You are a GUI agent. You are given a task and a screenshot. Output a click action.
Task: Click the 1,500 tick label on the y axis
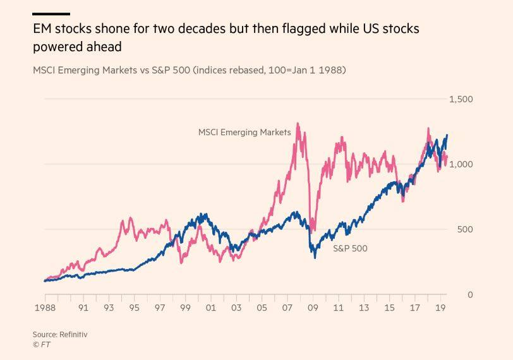pos(461,99)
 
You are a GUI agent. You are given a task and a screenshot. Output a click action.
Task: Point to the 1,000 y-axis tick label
pos(461,164)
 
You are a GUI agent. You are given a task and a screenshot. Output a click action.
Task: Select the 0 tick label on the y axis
pos(469,294)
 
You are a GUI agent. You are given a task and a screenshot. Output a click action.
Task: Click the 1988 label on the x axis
pos(44,308)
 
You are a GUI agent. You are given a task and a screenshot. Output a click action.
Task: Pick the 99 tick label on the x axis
pos(184,308)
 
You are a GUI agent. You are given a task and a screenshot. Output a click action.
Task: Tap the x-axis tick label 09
pos(312,308)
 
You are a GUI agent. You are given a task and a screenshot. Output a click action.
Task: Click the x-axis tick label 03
pos(236,308)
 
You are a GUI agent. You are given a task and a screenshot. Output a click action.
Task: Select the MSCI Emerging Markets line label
pos(244,133)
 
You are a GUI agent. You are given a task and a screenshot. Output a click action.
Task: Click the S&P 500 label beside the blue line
pos(350,248)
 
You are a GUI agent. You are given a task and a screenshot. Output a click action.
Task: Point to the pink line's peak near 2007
pos(298,124)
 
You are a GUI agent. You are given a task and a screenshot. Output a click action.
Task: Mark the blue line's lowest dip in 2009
pos(315,257)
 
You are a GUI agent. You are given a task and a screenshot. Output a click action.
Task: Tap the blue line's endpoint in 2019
pos(447,135)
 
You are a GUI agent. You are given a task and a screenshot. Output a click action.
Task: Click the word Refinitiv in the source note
pos(73,334)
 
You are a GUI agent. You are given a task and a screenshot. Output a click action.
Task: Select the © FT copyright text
pos(41,345)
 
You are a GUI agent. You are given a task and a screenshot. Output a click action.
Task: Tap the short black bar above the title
pos(51,13)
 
